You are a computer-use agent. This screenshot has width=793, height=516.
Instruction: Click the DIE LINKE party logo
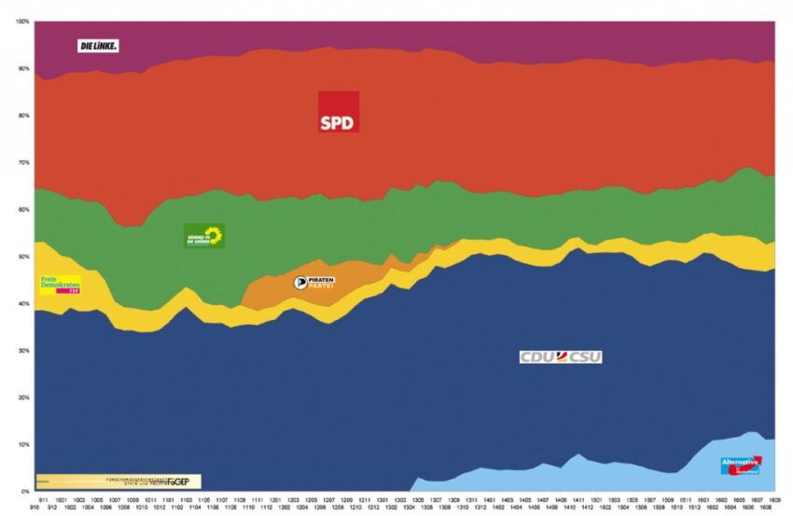(98, 45)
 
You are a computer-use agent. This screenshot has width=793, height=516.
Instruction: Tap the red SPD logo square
(338, 112)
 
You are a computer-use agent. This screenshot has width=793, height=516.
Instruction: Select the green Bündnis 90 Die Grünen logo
(204, 235)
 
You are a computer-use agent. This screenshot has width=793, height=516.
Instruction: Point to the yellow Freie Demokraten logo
(60, 284)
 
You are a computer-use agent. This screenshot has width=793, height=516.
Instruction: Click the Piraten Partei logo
(313, 282)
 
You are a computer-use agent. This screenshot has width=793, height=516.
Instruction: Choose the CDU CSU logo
(561, 356)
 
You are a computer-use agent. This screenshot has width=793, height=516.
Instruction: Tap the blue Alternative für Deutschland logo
(742, 465)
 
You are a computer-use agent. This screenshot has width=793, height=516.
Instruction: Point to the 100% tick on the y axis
(23, 21)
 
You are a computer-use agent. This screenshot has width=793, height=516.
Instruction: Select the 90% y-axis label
(24, 69)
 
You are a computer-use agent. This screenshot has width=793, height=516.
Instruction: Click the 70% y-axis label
(24, 162)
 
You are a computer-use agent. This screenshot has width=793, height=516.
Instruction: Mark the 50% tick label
(24, 257)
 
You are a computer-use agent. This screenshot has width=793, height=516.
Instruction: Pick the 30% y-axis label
(24, 351)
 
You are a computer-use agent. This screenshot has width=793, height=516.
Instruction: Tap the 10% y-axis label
(24, 444)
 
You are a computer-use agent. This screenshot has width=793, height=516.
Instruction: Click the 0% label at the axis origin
(26, 491)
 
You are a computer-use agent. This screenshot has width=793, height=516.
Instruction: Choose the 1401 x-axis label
(491, 500)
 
